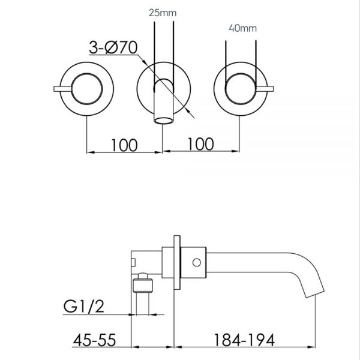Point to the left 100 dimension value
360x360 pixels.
(x=124, y=145)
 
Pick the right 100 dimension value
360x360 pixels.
(x=200, y=145)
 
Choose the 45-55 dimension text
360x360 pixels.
(x=97, y=343)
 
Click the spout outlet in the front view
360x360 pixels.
(x=163, y=122)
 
